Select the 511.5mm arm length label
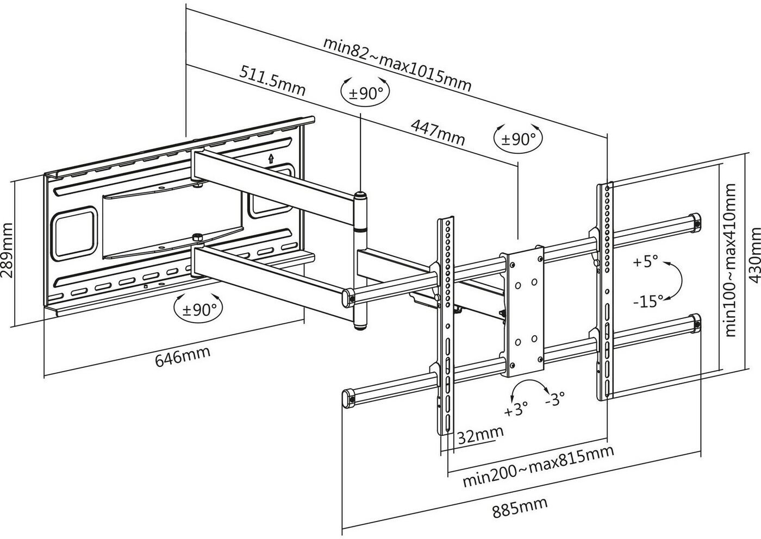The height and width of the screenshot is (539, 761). point(271,79)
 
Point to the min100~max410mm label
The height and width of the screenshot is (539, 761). point(731,260)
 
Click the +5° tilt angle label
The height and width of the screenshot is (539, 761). point(645,262)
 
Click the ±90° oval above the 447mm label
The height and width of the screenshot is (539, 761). point(518,139)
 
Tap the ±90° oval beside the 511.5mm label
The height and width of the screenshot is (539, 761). point(366,93)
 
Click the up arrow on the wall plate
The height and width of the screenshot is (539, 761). point(270,159)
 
